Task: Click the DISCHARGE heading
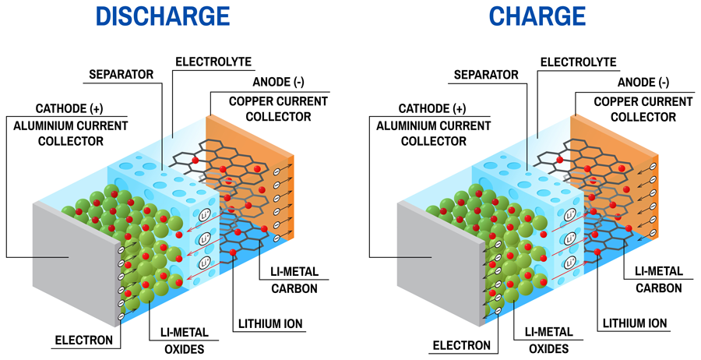162,16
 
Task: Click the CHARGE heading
537,16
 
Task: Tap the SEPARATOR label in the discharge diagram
122,74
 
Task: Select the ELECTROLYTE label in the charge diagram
579,62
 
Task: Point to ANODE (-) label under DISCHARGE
279,82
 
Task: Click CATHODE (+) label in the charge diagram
432,108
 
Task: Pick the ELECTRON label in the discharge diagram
84,341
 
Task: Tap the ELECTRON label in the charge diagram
462,345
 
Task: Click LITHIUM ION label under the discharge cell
270,324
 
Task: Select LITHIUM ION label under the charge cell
635,323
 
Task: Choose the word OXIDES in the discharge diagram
185,349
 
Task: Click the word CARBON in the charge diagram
659,288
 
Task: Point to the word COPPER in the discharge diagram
250,101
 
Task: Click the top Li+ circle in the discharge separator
204,214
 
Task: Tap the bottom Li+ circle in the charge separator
569,263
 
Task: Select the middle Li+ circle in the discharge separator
204,238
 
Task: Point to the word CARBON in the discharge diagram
294,288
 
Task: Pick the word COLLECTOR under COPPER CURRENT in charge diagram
643,117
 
